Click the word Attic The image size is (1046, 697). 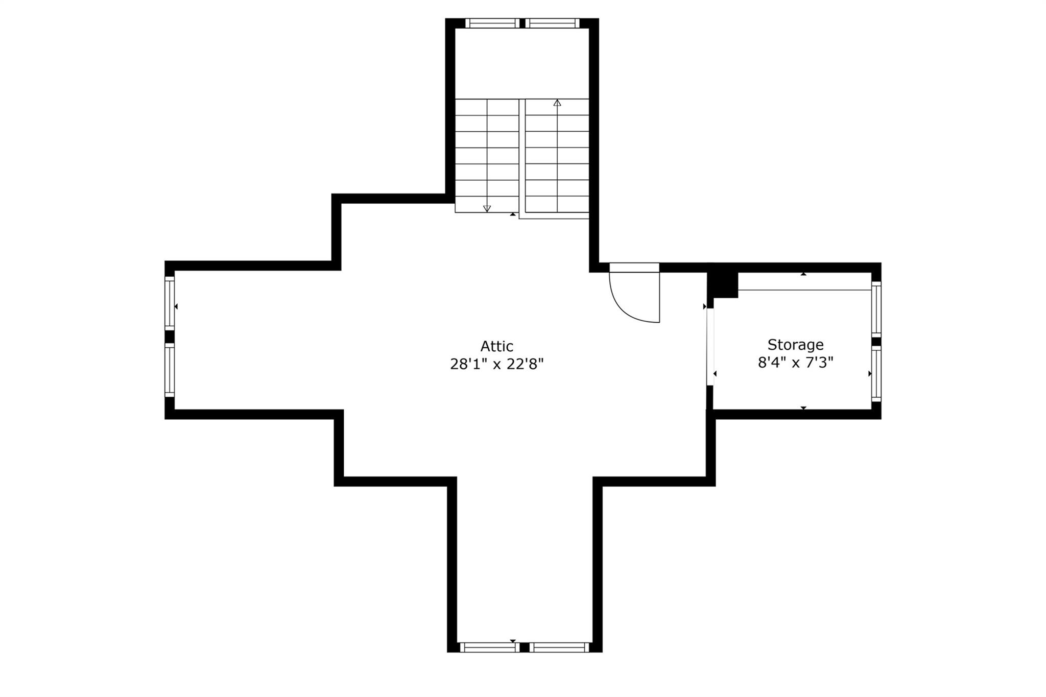pos(496,346)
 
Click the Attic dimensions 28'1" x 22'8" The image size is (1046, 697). pos(496,364)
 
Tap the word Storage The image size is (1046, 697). pos(795,345)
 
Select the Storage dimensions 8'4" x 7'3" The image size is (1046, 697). pos(795,363)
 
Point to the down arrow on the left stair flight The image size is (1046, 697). pos(487,208)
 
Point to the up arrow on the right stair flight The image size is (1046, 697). pos(557,103)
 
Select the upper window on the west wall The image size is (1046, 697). pos(170,303)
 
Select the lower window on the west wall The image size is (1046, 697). pos(170,369)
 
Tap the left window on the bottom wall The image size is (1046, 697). pos(489,647)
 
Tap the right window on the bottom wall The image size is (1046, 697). pos(559,647)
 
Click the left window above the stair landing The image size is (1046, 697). pos(492,23)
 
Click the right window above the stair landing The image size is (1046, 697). pos(552,23)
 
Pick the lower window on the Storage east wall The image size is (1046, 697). pos(876,374)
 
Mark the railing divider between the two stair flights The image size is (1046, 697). pos(522,158)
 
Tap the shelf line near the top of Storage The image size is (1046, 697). pos(804,290)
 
